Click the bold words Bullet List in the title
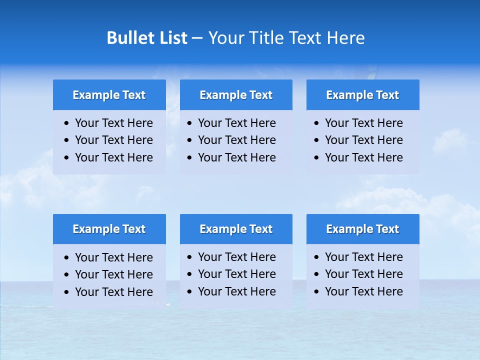pos(147,38)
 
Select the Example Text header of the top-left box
pos(109,95)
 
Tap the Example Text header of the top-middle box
pos(236,95)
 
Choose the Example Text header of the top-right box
pos(362,95)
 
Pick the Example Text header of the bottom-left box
pos(109,229)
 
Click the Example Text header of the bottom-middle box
pos(236,229)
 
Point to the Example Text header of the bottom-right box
pos(362,229)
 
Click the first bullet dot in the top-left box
pos(67,123)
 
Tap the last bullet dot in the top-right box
pos(317,158)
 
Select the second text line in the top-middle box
pos(237,140)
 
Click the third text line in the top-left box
pos(114,157)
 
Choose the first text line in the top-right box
pos(364,123)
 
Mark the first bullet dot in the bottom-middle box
pos(190,257)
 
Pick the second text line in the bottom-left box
pos(114,274)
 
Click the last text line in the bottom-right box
pos(364,291)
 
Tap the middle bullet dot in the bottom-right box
pos(317,274)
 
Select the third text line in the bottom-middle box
pos(237,291)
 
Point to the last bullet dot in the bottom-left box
pos(67,292)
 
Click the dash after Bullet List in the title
pos(197,38)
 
